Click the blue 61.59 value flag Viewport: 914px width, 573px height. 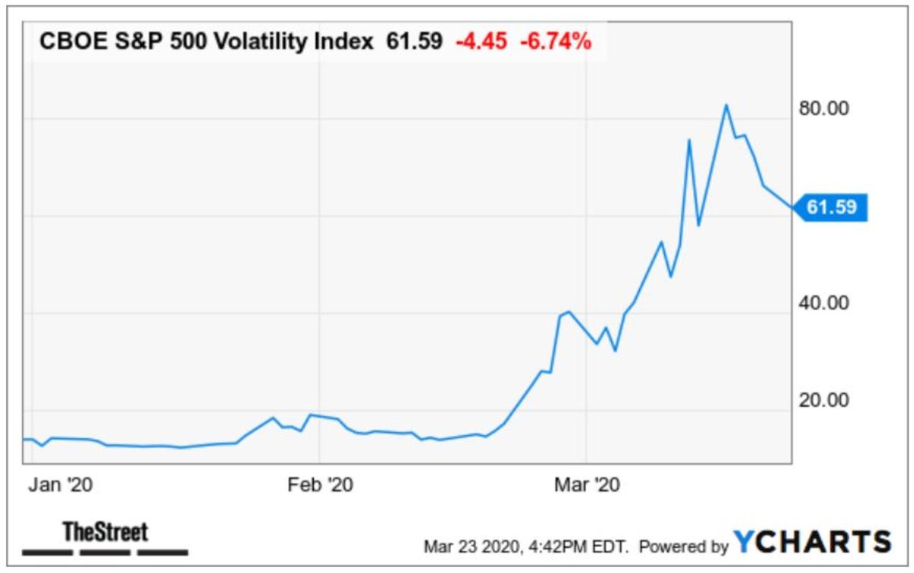pyautogui.click(x=831, y=206)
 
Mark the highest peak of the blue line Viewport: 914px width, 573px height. pyautogui.click(x=727, y=105)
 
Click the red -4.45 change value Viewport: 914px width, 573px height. pyautogui.click(x=481, y=43)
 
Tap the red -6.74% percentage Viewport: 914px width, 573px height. pyautogui.click(x=555, y=43)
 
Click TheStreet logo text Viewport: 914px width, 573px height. pyautogui.click(x=105, y=531)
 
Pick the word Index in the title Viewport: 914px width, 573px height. pyautogui.click(x=348, y=43)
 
